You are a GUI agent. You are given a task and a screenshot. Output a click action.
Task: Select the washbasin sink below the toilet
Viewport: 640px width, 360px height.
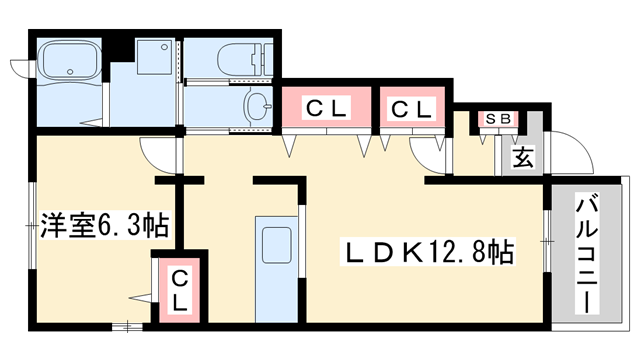(x=258, y=104)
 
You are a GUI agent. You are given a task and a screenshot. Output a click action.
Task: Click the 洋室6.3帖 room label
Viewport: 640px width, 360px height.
(x=103, y=226)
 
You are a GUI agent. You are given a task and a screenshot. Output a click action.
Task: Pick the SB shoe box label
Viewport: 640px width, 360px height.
(x=497, y=119)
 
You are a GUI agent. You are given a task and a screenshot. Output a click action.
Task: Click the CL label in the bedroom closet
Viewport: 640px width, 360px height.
(x=179, y=290)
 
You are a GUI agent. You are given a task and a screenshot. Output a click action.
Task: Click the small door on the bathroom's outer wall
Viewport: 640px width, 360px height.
(x=22, y=66)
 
